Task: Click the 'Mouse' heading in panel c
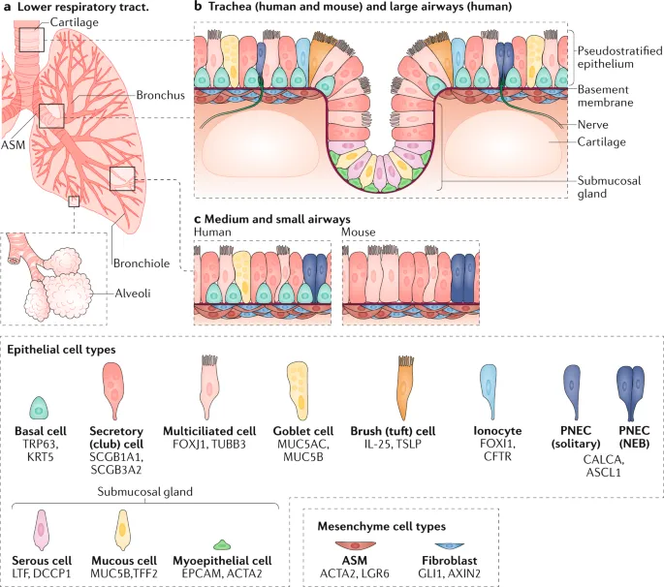point(361,232)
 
